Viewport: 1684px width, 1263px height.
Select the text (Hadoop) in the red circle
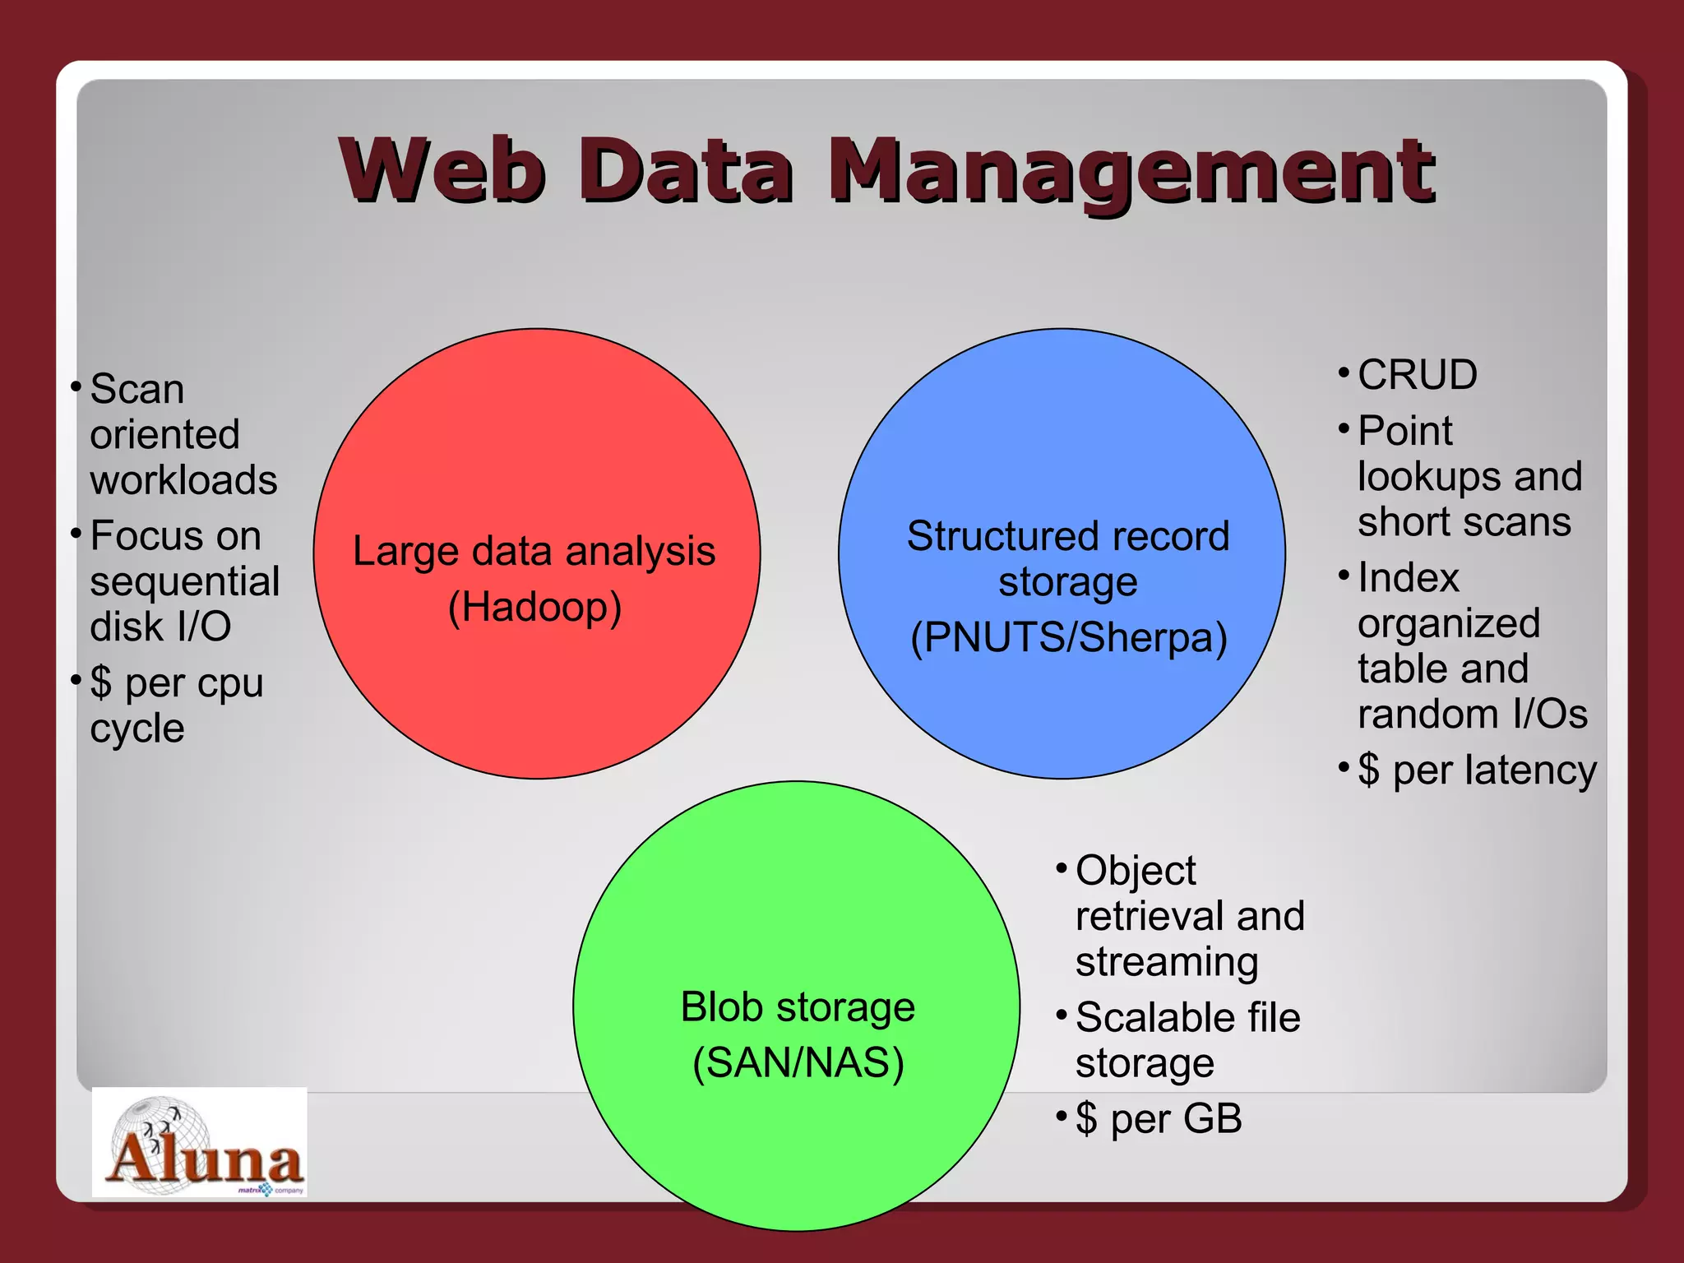tap(534, 608)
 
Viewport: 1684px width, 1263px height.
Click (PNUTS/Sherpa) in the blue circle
tap(1068, 637)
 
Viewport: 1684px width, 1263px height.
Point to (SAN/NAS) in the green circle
tap(798, 1062)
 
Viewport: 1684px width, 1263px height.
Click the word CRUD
tap(1417, 375)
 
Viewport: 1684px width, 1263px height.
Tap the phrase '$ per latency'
tap(1477, 770)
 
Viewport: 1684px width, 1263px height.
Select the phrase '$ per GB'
tap(1159, 1118)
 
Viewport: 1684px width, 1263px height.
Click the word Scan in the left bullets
tap(137, 389)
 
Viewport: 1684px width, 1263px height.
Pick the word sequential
tap(185, 581)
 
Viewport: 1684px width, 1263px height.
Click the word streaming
tap(1167, 962)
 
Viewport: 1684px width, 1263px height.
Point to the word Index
tap(1408, 577)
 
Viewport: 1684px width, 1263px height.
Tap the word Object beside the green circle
tap(1136, 871)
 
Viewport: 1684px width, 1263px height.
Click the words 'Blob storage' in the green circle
tap(798, 1007)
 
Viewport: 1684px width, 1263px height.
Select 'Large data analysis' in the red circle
tap(534, 551)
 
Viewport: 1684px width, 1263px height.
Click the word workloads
tap(184, 480)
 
